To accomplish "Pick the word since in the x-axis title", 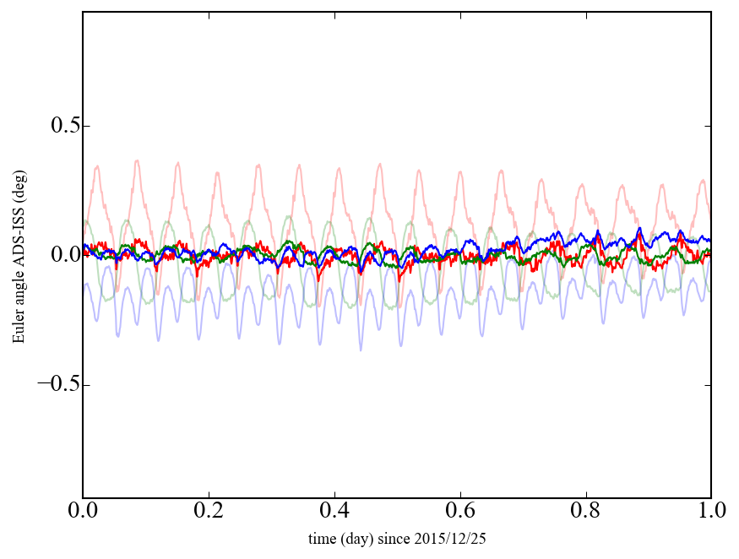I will [x=404, y=538].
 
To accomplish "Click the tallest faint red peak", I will [x=137, y=160].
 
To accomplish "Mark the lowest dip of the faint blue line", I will [x=361, y=350].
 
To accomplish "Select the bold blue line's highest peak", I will [x=639, y=228].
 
